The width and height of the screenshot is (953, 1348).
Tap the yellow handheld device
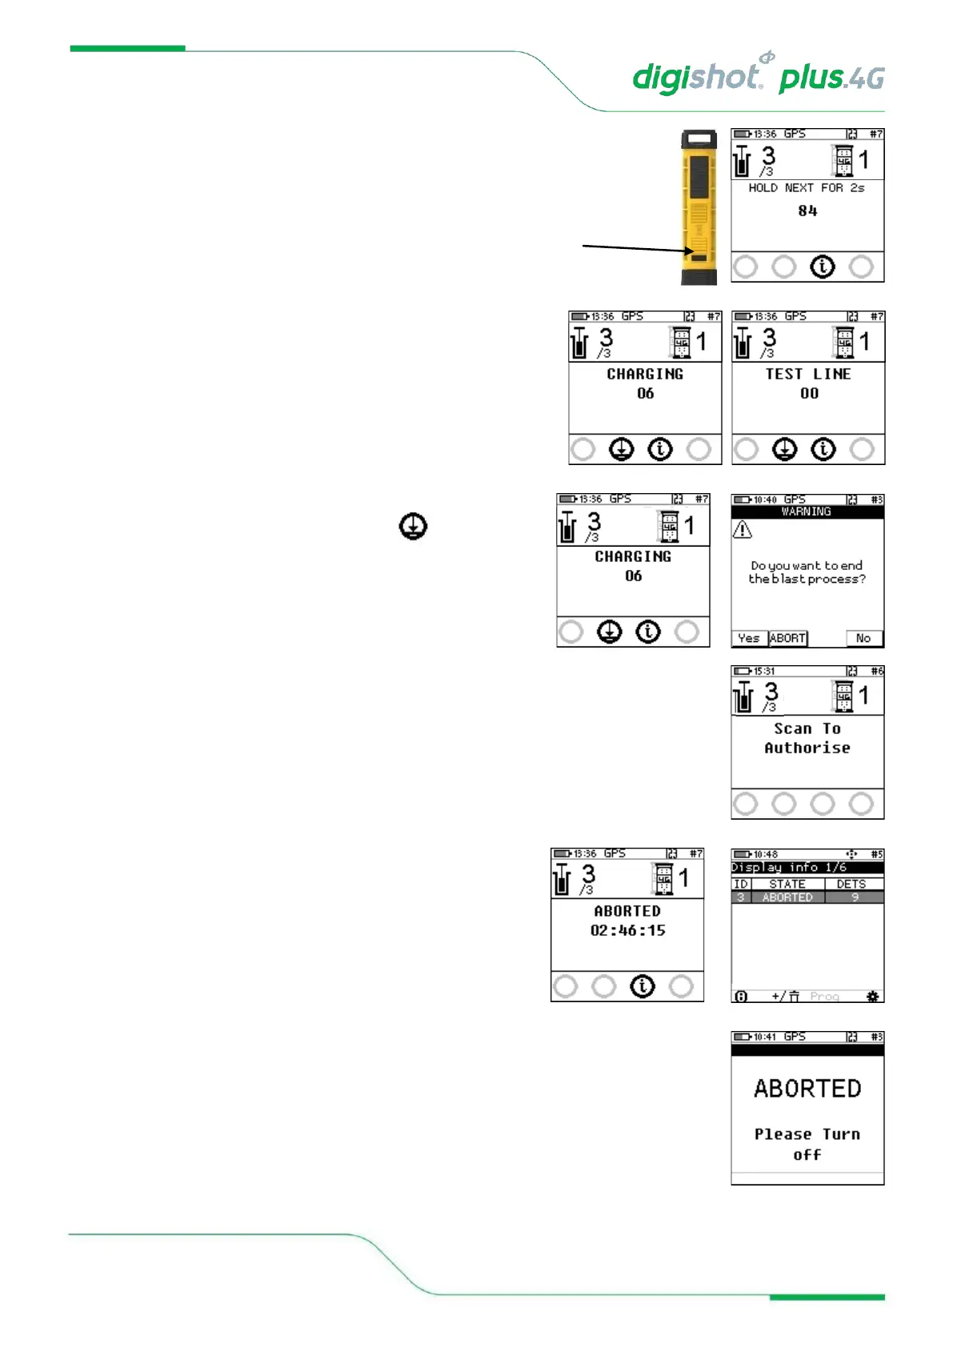pyautogui.click(x=699, y=207)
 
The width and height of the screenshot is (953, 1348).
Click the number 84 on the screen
pyautogui.click(x=807, y=211)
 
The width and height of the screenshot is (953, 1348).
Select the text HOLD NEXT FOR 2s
pyautogui.click(x=807, y=188)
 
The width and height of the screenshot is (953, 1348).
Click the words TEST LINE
pyautogui.click(x=808, y=374)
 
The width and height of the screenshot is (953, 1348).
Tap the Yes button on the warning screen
pyautogui.click(x=749, y=638)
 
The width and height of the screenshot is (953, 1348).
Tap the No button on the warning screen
pyautogui.click(x=863, y=638)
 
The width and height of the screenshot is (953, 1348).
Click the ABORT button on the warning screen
pyautogui.click(x=787, y=638)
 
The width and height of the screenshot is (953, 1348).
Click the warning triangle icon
pyautogui.click(x=743, y=529)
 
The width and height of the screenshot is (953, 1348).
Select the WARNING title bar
pyautogui.click(x=807, y=512)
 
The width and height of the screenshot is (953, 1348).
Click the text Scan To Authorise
pyautogui.click(x=807, y=738)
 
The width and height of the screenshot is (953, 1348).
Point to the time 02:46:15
pyautogui.click(x=628, y=930)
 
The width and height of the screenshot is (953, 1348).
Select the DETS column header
pyautogui.click(x=851, y=884)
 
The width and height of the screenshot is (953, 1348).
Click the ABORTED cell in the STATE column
pyautogui.click(x=787, y=897)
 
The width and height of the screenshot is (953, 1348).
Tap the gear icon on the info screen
pyautogui.click(x=872, y=996)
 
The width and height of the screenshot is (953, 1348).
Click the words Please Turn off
pyautogui.click(x=807, y=1144)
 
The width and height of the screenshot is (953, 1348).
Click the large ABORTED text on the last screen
pyautogui.click(x=807, y=1089)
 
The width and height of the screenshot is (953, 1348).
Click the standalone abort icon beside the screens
pyautogui.click(x=413, y=527)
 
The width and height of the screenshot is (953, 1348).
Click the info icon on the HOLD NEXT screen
pyautogui.click(x=823, y=267)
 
